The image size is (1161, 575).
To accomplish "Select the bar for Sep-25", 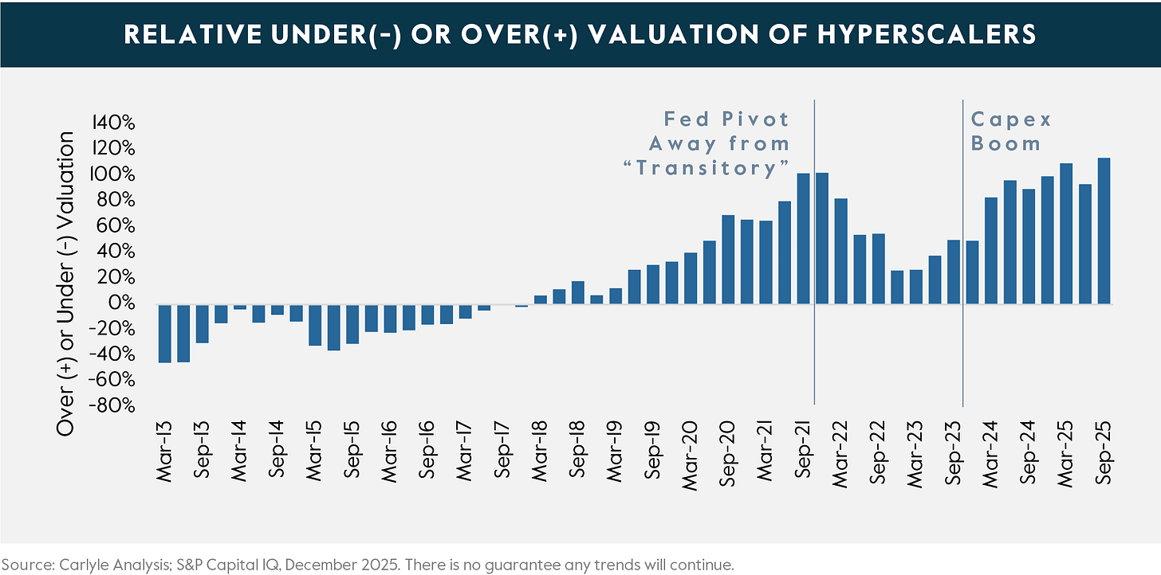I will pos(1104,231).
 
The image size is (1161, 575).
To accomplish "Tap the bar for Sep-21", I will pos(804,238).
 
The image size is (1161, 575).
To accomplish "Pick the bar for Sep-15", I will pos(352,323).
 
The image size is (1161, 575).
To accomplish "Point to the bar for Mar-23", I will pos(916,287).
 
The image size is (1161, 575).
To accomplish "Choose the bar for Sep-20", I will pos(728,259).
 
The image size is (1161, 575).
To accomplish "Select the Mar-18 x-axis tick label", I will pos(541,448).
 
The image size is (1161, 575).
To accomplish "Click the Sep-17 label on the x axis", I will pos(503,448).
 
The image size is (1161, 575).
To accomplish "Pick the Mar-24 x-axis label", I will pos(991,448).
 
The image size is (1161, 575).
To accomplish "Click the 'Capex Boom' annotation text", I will pos(1010,131).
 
